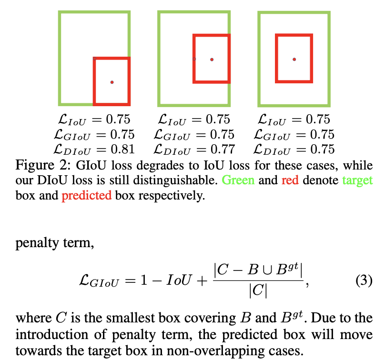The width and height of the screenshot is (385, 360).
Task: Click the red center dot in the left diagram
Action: point(112,82)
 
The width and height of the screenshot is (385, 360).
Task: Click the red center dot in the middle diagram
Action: point(212,60)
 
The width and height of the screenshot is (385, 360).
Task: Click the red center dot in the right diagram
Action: point(294,59)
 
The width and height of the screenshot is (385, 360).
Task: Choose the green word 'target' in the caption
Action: point(357,181)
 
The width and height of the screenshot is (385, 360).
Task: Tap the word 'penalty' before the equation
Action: point(34,244)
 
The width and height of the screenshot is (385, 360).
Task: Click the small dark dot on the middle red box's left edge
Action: point(194,59)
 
